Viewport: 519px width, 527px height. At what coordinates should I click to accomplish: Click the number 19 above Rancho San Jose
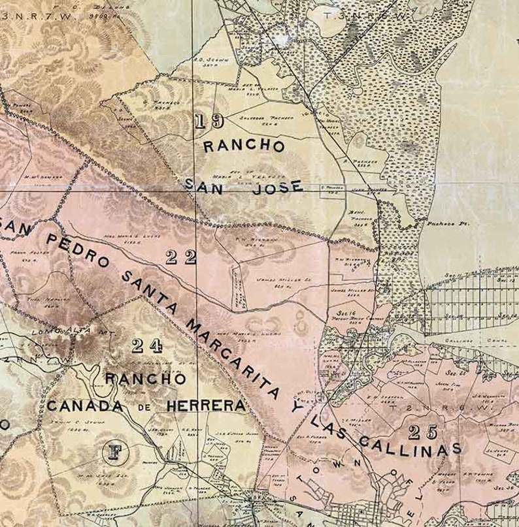point(209,121)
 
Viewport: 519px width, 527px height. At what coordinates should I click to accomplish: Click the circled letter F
point(116,452)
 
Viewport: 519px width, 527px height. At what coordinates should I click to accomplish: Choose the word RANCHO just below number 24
point(145,378)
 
